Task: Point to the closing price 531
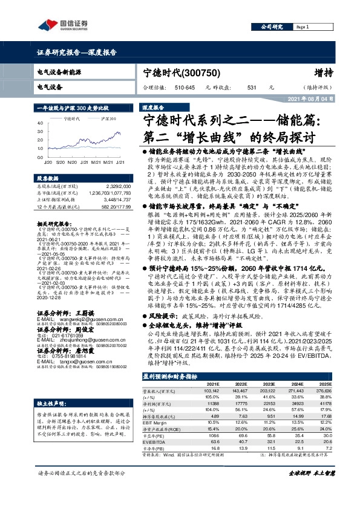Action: tap(251, 88)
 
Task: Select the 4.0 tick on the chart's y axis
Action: tap(39, 123)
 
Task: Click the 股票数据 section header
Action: tap(47, 179)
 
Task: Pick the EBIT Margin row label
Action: tap(154, 422)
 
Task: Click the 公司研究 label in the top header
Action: tap(270, 27)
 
